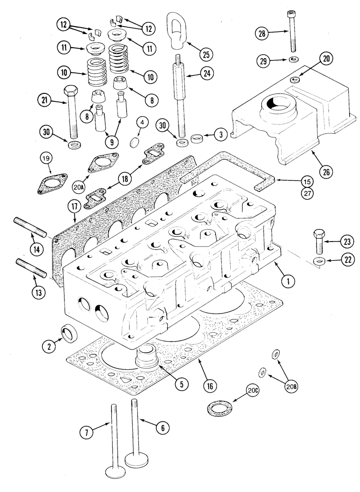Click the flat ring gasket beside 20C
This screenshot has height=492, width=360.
[215, 408]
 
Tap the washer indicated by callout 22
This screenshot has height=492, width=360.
[318, 260]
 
